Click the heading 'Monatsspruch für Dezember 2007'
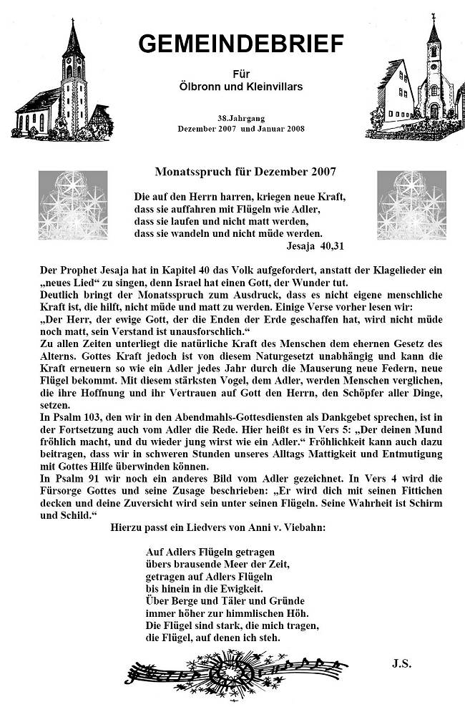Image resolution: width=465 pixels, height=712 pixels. (x=245, y=172)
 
